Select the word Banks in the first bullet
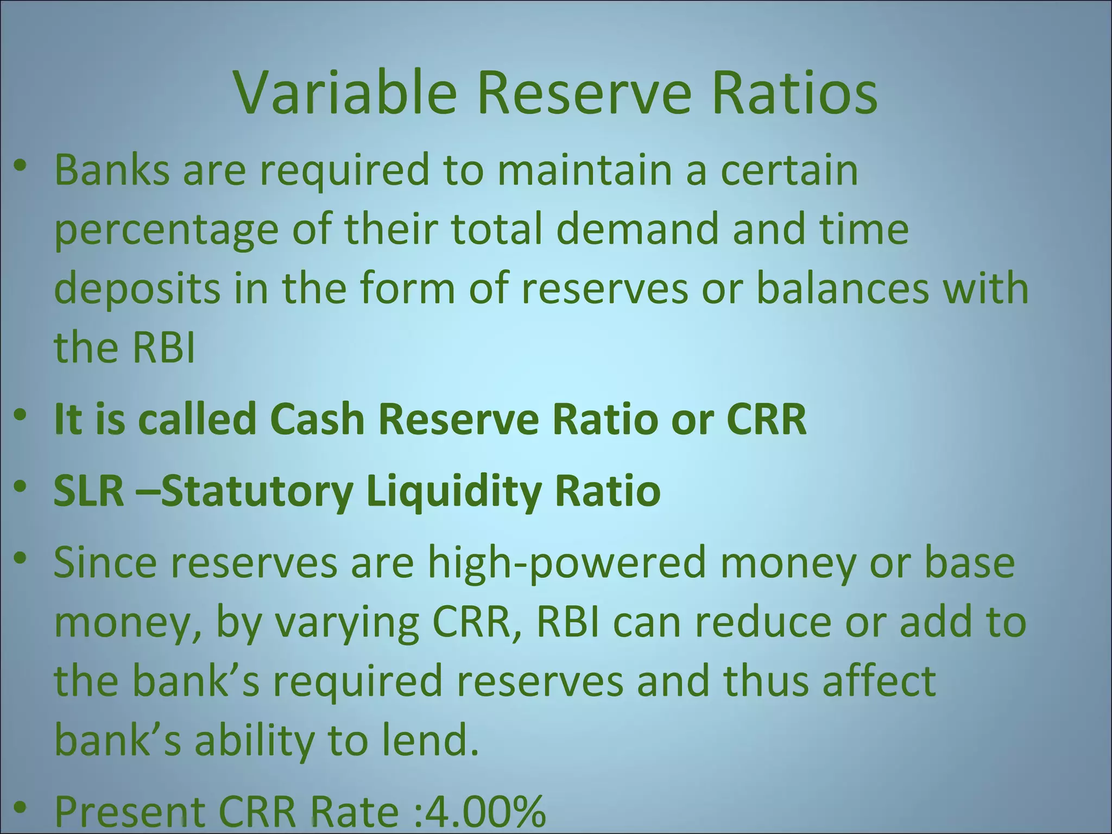pos(112,170)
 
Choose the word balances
pos(842,288)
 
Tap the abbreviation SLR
pos(89,491)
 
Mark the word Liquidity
pos(453,492)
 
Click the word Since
pos(105,563)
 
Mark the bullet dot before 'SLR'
pos(20,488)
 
